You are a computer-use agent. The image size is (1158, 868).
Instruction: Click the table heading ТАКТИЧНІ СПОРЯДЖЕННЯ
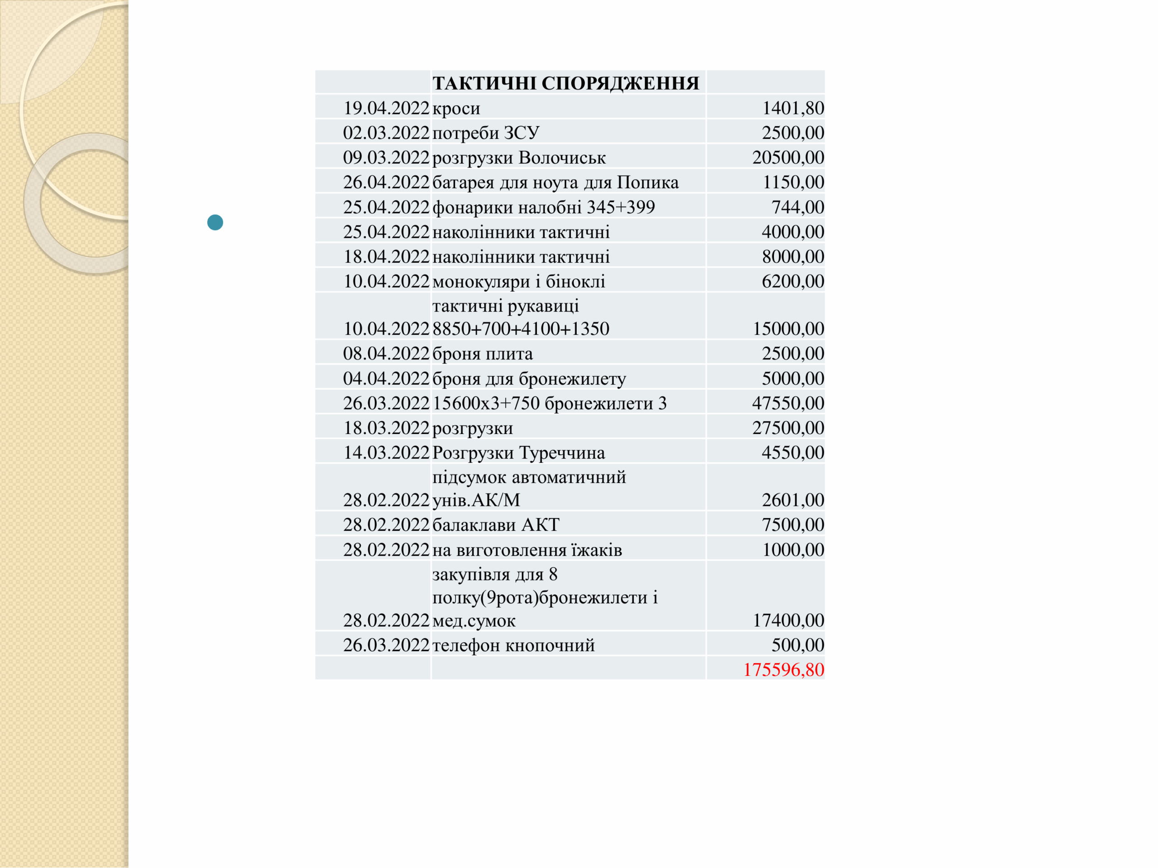click(x=565, y=83)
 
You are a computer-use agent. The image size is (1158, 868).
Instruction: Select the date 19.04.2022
click(x=386, y=108)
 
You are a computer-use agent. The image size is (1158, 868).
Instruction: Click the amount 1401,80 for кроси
click(x=793, y=108)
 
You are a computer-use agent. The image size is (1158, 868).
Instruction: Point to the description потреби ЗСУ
click(x=486, y=133)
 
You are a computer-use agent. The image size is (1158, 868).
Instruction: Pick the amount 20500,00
click(x=788, y=157)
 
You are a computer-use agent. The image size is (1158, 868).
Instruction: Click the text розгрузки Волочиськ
click(x=519, y=157)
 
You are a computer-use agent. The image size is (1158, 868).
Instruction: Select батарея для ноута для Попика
click(x=555, y=182)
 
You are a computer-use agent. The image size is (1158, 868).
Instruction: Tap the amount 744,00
click(x=797, y=207)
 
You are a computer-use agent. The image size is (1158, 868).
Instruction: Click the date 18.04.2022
click(x=386, y=256)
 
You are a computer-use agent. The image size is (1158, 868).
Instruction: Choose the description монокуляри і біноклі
click(x=519, y=282)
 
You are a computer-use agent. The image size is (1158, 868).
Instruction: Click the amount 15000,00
click(x=788, y=329)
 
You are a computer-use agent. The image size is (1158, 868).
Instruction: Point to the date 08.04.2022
click(x=386, y=354)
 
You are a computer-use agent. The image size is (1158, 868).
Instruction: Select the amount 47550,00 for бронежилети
click(x=788, y=403)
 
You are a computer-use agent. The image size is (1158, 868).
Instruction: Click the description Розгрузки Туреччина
click(x=519, y=453)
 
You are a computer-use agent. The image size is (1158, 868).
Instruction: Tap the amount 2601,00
click(x=793, y=500)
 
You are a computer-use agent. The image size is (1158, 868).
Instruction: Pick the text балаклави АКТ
click(x=496, y=525)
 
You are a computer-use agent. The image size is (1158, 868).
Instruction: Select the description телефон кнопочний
click(x=513, y=645)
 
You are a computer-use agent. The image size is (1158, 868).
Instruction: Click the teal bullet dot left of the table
click(x=215, y=222)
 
